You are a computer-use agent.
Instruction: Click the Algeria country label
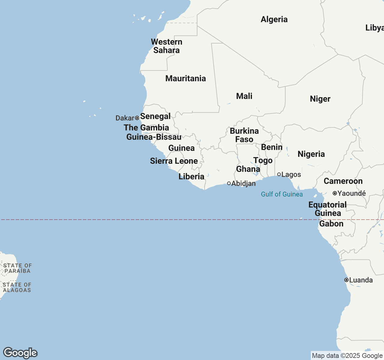(x=274, y=19)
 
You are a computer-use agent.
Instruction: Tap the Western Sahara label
(x=166, y=46)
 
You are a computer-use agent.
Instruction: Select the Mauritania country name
(x=185, y=79)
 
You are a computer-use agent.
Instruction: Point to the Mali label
(x=244, y=96)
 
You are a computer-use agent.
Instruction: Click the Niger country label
(x=320, y=99)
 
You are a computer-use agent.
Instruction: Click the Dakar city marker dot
(x=137, y=118)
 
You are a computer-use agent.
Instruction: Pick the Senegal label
(x=155, y=116)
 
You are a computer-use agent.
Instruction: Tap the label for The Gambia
(x=146, y=128)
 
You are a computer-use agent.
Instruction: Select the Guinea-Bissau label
(x=154, y=137)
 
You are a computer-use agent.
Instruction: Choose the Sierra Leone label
(x=174, y=161)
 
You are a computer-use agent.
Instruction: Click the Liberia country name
(x=191, y=177)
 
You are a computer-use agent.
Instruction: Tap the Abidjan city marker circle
(x=229, y=183)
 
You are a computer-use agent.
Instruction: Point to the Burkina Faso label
(x=244, y=135)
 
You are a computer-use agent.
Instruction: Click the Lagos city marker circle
(x=279, y=174)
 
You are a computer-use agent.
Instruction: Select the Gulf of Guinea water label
(x=282, y=194)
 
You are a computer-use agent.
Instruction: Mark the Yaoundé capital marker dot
(x=335, y=193)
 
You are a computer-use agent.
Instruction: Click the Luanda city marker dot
(x=346, y=280)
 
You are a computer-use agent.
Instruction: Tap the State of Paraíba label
(x=17, y=268)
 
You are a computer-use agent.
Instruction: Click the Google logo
(x=20, y=353)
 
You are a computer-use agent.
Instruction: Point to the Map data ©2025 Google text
(x=347, y=356)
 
